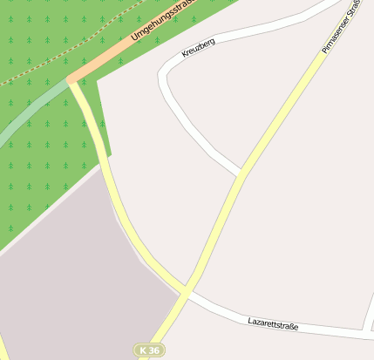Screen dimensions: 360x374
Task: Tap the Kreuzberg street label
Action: [198, 48]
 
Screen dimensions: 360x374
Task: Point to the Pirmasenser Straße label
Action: [340, 26]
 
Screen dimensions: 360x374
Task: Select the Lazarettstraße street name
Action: [273, 325]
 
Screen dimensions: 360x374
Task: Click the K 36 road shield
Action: [149, 350]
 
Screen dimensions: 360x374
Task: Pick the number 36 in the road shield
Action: [153, 350]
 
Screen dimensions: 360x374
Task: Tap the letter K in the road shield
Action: [143, 350]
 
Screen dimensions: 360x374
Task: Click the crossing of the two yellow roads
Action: [185, 291]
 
